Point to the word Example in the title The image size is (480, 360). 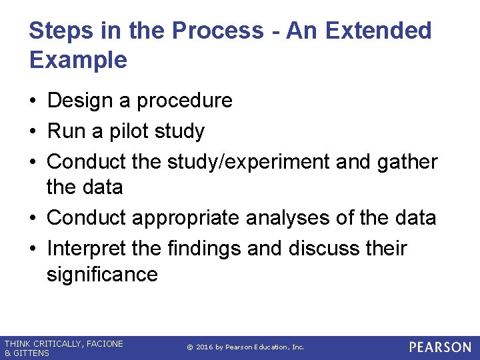coord(78,60)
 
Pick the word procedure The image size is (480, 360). coord(185,101)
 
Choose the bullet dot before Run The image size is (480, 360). coord(32,131)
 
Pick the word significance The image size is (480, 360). coord(102,274)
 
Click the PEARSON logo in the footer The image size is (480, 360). coord(440,347)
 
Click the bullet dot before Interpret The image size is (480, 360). coord(32,249)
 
